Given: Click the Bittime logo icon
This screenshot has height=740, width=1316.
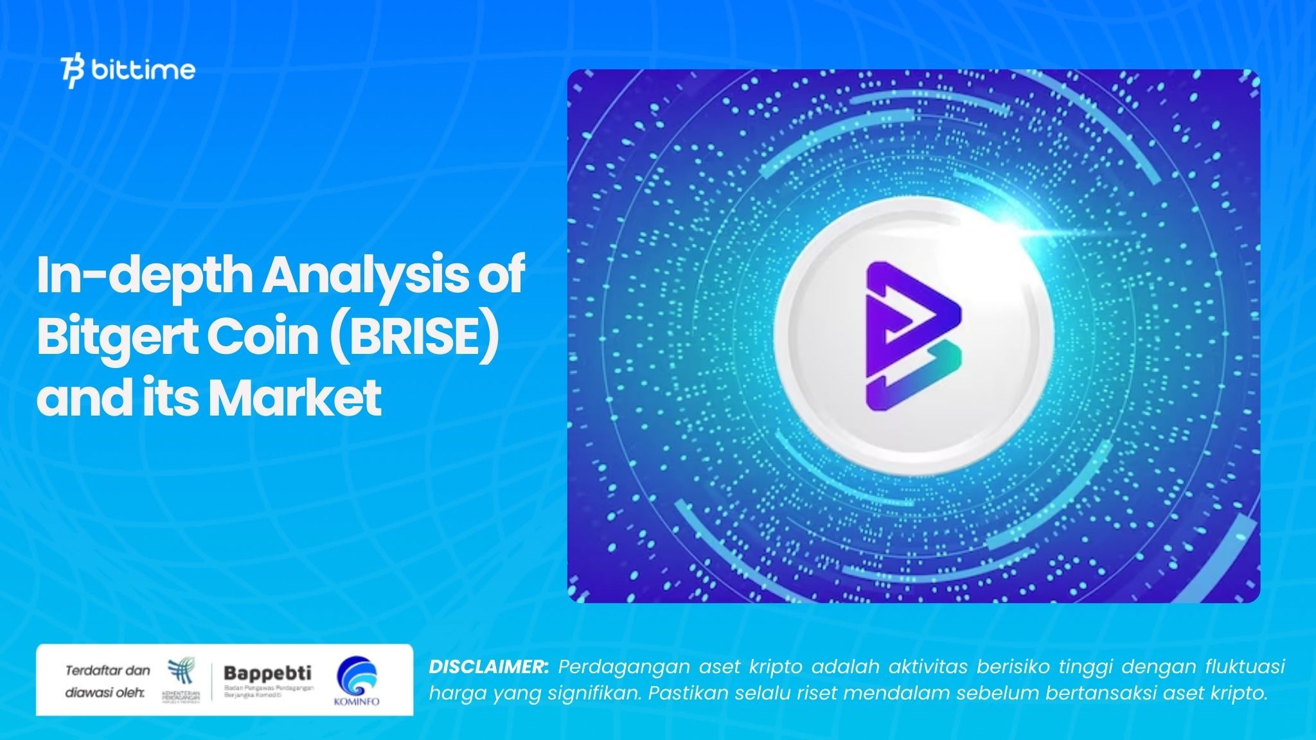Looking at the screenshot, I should [x=73, y=71].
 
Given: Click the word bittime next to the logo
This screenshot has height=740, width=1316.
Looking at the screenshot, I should [x=143, y=69].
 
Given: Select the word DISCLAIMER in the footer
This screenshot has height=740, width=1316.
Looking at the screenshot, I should [x=488, y=667].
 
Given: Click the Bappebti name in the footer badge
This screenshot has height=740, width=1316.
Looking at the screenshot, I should [x=267, y=673].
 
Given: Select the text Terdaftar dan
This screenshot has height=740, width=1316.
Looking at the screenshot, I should [x=107, y=671].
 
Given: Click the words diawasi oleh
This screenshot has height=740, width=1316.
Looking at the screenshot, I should [x=104, y=693].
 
